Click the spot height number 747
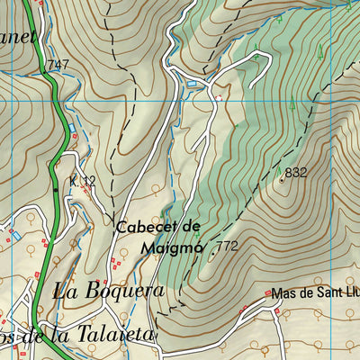[x=58, y=64]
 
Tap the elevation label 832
[x=296, y=172]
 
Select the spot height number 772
[x=227, y=246]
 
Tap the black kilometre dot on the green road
[x=56, y=189]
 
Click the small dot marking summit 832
[x=281, y=178]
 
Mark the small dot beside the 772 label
[x=212, y=253]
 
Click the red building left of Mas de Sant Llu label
[x=268, y=293]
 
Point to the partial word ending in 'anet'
[x=18, y=36]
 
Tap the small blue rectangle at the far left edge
[x=15, y=235]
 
